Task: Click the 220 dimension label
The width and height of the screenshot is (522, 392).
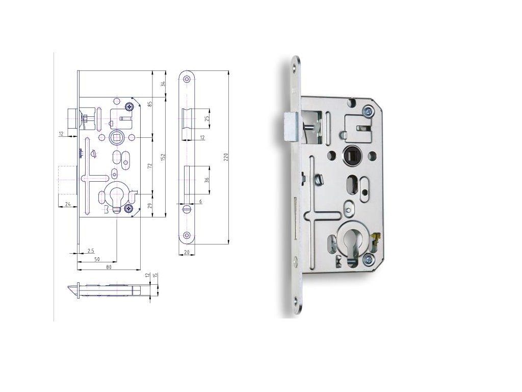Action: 225,157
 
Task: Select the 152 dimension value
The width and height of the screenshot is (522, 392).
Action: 163,157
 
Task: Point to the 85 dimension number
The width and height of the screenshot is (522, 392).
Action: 150,104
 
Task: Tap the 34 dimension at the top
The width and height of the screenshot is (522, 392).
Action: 163,84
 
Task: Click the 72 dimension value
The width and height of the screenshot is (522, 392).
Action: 150,165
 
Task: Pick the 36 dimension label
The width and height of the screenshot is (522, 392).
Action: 206,180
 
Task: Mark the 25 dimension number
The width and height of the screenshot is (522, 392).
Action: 206,118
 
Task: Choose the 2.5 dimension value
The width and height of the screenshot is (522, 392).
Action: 91,250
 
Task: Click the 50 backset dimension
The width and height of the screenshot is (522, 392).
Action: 97,259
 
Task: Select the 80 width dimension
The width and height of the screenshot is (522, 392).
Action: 109,267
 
